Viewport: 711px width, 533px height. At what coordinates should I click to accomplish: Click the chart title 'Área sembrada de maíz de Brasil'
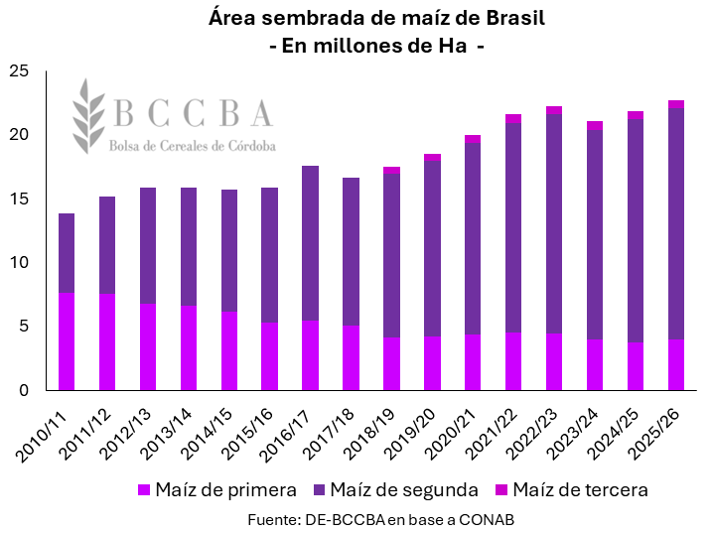coord(376,19)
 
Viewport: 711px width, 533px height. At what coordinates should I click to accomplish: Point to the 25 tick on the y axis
coord(20,71)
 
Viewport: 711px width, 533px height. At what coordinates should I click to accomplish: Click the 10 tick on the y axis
coord(20,263)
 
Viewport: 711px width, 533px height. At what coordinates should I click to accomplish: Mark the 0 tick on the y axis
coord(25,391)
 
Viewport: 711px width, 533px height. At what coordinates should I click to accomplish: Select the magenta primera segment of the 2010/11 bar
coord(67,341)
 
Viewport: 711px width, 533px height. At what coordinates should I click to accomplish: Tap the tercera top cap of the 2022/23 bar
coord(554,110)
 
